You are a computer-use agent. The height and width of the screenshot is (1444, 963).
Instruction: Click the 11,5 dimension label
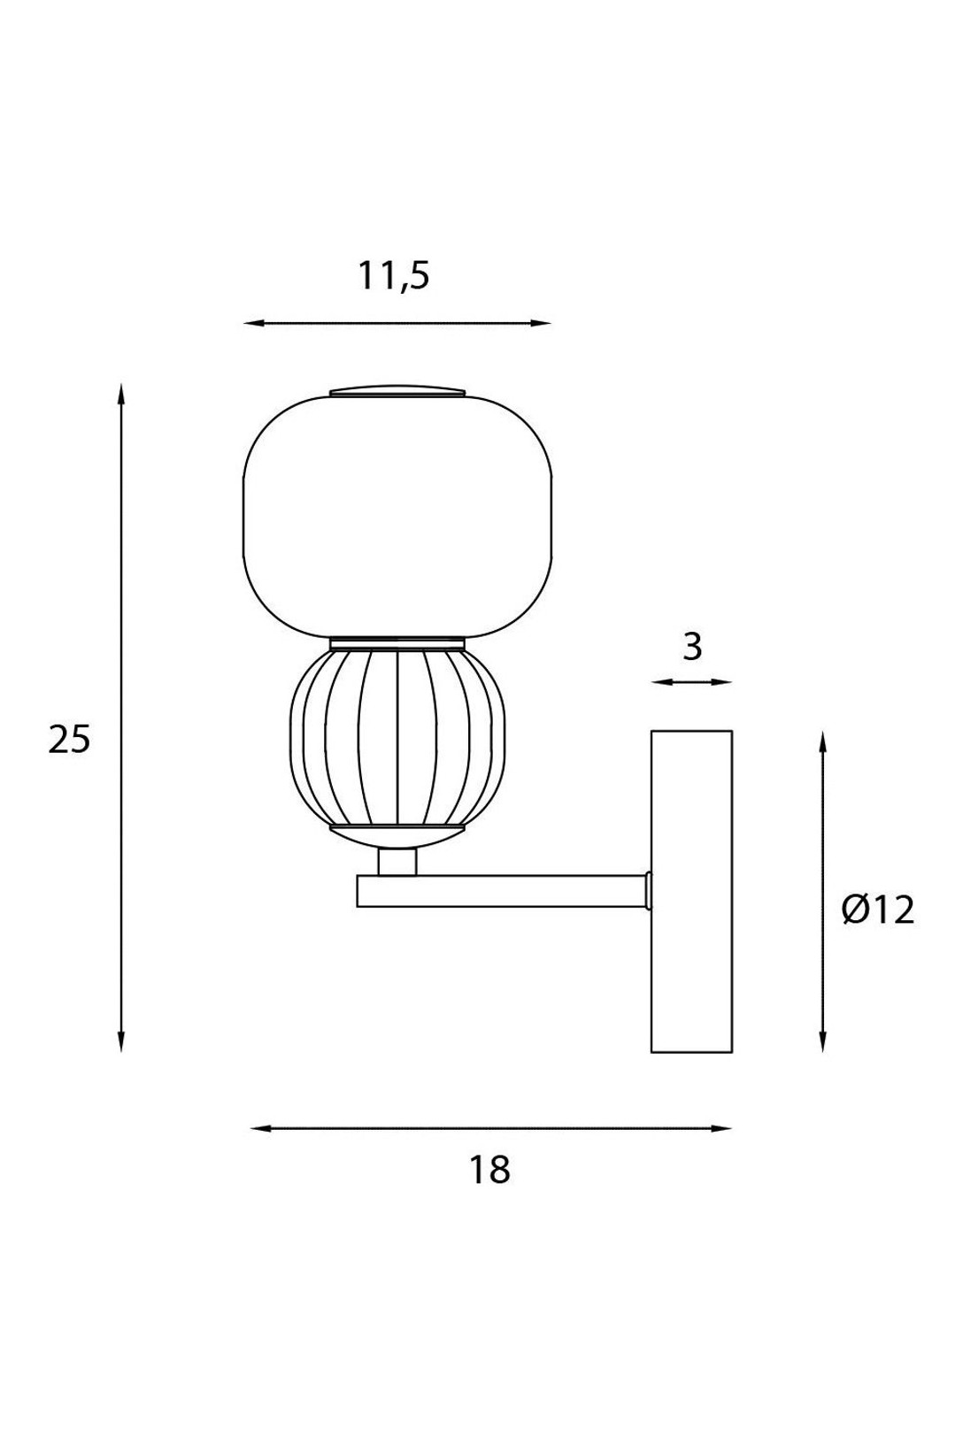(x=394, y=277)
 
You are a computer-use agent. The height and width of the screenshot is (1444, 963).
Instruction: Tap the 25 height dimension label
(x=70, y=740)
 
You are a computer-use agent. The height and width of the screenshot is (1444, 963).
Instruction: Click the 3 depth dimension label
(x=691, y=647)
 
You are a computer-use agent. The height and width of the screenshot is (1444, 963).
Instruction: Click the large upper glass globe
(x=397, y=517)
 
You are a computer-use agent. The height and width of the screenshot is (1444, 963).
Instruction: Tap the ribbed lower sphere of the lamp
(x=397, y=737)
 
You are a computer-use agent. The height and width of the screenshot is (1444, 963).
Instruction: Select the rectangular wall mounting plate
(x=691, y=892)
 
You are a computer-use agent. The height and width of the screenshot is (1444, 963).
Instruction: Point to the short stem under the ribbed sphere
(x=397, y=863)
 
